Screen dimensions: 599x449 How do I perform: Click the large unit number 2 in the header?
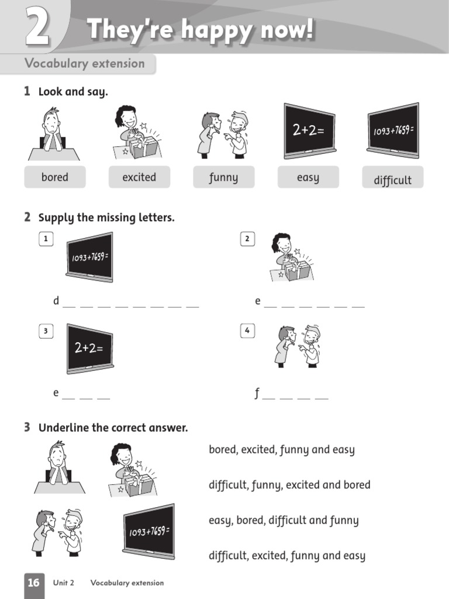pos(37,29)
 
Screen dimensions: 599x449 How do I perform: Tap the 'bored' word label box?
pos(55,177)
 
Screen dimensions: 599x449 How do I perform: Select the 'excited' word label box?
pos(139,177)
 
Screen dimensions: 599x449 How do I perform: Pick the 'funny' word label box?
pos(223,177)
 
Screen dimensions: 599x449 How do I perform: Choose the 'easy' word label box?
pos(308,177)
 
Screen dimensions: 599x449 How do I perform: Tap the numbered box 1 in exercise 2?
pos(45,239)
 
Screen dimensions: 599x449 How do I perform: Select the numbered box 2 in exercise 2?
pos(247,239)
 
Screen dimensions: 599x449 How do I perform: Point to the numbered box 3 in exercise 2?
pos(45,331)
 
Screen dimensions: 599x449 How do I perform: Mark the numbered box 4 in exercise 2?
pos(247,331)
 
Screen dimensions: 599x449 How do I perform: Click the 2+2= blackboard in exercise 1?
pos(309,131)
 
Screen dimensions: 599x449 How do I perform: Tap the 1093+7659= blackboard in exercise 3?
pos(148,531)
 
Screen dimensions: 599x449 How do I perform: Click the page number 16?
pos(34,583)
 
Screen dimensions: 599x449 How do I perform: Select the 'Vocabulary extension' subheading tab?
pos(85,64)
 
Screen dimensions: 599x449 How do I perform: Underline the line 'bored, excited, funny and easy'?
pos(282,450)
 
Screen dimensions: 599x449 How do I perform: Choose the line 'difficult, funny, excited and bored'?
pos(289,485)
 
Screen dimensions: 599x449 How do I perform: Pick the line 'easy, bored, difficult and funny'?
pos(284,520)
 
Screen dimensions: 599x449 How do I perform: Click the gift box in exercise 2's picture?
pos(296,270)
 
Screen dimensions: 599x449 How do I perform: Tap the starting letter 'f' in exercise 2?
pos(257,394)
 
